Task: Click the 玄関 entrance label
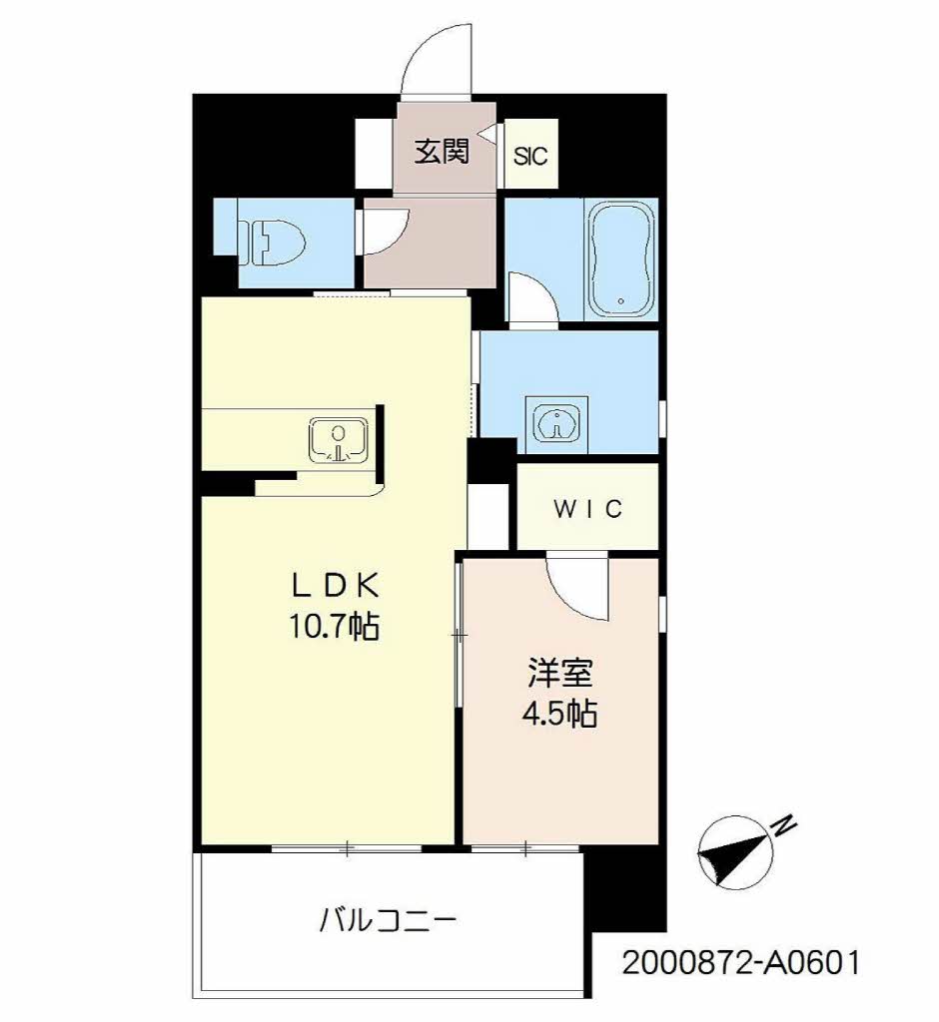click(442, 153)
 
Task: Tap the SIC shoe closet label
click(530, 157)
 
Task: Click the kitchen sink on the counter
click(339, 440)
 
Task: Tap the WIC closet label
click(588, 508)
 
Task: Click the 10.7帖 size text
click(334, 627)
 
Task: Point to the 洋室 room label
click(560, 674)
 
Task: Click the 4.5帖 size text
click(559, 714)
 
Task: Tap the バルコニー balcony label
click(388, 921)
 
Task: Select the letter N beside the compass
click(784, 825)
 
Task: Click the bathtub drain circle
click(620, 301)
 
